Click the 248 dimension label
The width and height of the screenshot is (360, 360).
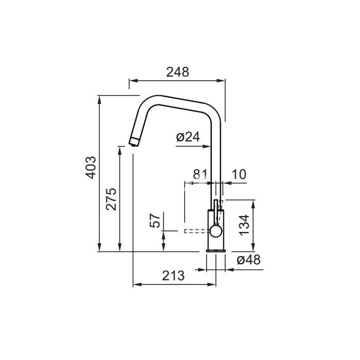(x=177, y=72)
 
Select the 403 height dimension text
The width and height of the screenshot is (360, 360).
(x=91, y=167)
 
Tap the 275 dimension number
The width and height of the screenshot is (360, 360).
(x=111, y=199)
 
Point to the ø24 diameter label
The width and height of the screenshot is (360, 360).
(x=188, y=137)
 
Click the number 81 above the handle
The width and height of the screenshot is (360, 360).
(x=200, y=174)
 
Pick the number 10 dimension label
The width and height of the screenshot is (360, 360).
(x=239, y=174)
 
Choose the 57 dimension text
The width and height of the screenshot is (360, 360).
(x=155, y=221)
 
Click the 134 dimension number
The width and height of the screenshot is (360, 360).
(x=244, y=225)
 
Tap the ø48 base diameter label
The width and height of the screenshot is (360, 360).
(x=248, y=260)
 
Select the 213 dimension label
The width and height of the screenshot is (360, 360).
(x=173, y=276)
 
